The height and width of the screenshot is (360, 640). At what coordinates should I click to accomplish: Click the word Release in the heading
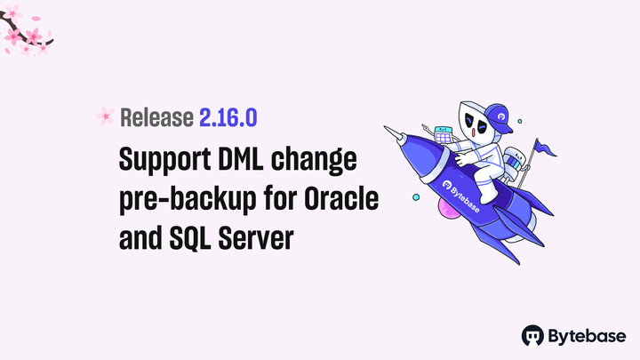pyautogui.click(x=156, y=116)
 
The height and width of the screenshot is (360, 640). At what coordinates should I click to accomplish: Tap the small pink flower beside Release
pyautogui.click(x=105, y=116)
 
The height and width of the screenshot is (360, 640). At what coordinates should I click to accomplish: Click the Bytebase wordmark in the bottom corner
pyautogui.click(x=588, y=335)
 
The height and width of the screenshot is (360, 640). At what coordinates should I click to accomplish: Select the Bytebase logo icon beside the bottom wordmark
pyautogui.click(x=533, y=335)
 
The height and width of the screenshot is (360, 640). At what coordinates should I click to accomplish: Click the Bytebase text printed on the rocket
pyautogui.click(x=461, y=195)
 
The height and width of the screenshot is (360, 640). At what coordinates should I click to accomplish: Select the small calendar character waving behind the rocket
pyautogui.click(x=443, y=135)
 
